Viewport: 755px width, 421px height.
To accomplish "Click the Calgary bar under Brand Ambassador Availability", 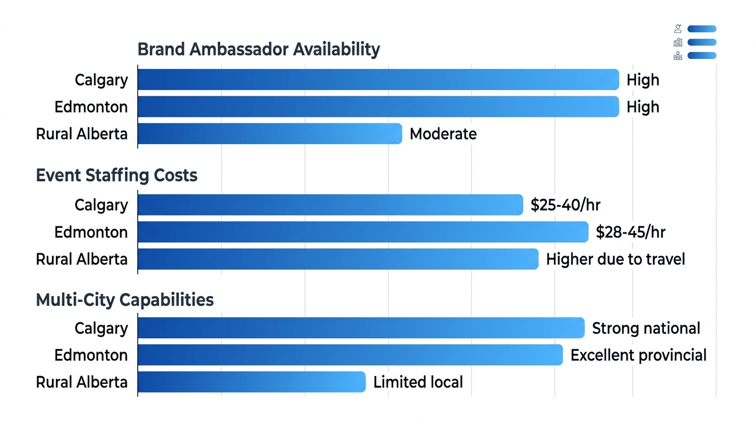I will coord(378,79).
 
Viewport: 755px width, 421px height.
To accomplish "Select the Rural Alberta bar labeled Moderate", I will coord(269,134).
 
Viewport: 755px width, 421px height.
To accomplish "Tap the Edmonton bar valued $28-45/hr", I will coord(363,232).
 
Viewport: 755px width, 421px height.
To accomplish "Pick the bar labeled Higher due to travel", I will coord(337,259).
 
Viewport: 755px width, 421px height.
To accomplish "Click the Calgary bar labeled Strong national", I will coord(360,328).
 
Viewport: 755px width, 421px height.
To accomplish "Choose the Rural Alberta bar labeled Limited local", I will coord(251,382).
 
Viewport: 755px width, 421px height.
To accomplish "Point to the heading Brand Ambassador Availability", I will coord(258,49).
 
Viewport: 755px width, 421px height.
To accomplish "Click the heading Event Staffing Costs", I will coord(116,175).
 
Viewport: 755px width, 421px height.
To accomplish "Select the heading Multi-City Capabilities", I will coord(125,300).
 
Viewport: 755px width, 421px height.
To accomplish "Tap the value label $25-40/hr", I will coord(565,205).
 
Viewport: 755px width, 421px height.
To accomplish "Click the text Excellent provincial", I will coord(638,355).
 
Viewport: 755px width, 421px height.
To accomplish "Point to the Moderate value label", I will coord(443,134).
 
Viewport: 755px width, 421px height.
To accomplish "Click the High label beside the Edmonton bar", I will coord(643,107).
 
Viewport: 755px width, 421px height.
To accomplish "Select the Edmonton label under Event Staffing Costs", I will coord(91,232).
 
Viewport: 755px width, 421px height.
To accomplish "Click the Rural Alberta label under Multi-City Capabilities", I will coord(82,382).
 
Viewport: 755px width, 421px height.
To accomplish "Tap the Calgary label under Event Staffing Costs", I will coord(101,205).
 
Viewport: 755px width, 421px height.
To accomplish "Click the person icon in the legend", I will coord(678,29).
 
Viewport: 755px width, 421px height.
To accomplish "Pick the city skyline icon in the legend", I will coord(678,42).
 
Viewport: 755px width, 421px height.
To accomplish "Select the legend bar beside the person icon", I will coord(702,29).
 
